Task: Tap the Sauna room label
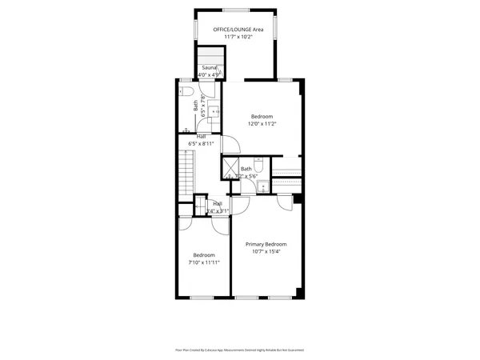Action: (x=209, y=68)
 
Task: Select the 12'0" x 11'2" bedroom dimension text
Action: (x=262, y=124)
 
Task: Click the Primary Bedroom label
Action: (x=266, y=244)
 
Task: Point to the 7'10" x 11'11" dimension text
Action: (x=203, y=262)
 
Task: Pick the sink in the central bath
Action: (x=263, y=186)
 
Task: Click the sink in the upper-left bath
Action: (x=211, y=103)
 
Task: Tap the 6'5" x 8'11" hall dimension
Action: (x=201, y=144)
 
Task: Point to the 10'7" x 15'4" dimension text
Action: (x=266, y=252)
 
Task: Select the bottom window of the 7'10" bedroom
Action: (x=202, y=298)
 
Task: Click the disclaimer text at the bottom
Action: (x=240, y=350)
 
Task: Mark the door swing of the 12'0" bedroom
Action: (x=230, y=144)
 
